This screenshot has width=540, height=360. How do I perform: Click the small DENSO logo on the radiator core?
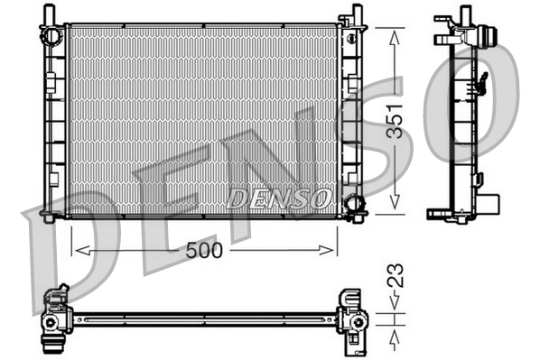pos(280,197)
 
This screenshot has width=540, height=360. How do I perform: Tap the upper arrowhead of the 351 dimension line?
pos(394,34)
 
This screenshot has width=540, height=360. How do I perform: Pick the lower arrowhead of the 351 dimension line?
pos(394,208)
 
